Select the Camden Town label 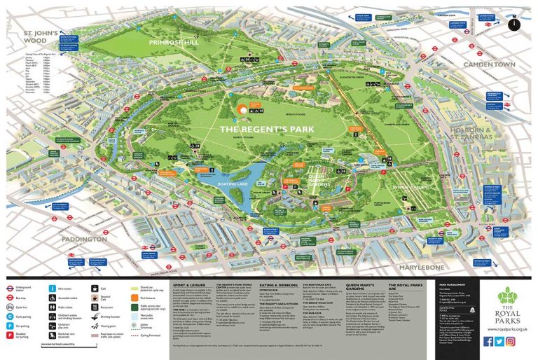click(495, 64)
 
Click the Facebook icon click(488, 341)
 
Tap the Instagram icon click(511, 341)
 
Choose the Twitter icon click(499, 341)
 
